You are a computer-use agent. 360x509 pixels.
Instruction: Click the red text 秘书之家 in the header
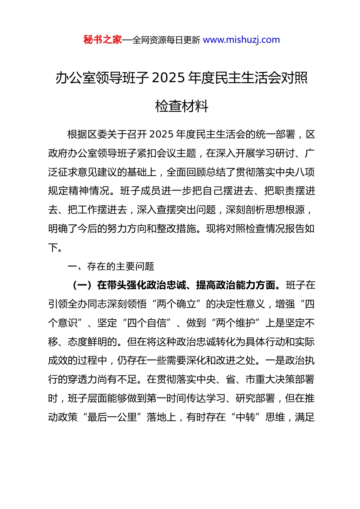tap(103, 40)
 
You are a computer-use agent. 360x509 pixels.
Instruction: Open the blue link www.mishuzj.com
tap(241, 40)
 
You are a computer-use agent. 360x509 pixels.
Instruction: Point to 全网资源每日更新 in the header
tap(166, 40)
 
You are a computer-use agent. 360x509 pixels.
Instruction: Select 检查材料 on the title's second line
tap(182, 106)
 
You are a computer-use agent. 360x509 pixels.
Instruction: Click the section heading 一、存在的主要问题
tap(111, 267)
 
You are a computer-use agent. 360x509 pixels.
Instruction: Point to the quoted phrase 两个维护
tap(235, 323)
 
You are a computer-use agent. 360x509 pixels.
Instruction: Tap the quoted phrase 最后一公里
tap(112, 417)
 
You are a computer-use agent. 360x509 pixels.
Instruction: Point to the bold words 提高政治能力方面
tap(236, 285)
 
